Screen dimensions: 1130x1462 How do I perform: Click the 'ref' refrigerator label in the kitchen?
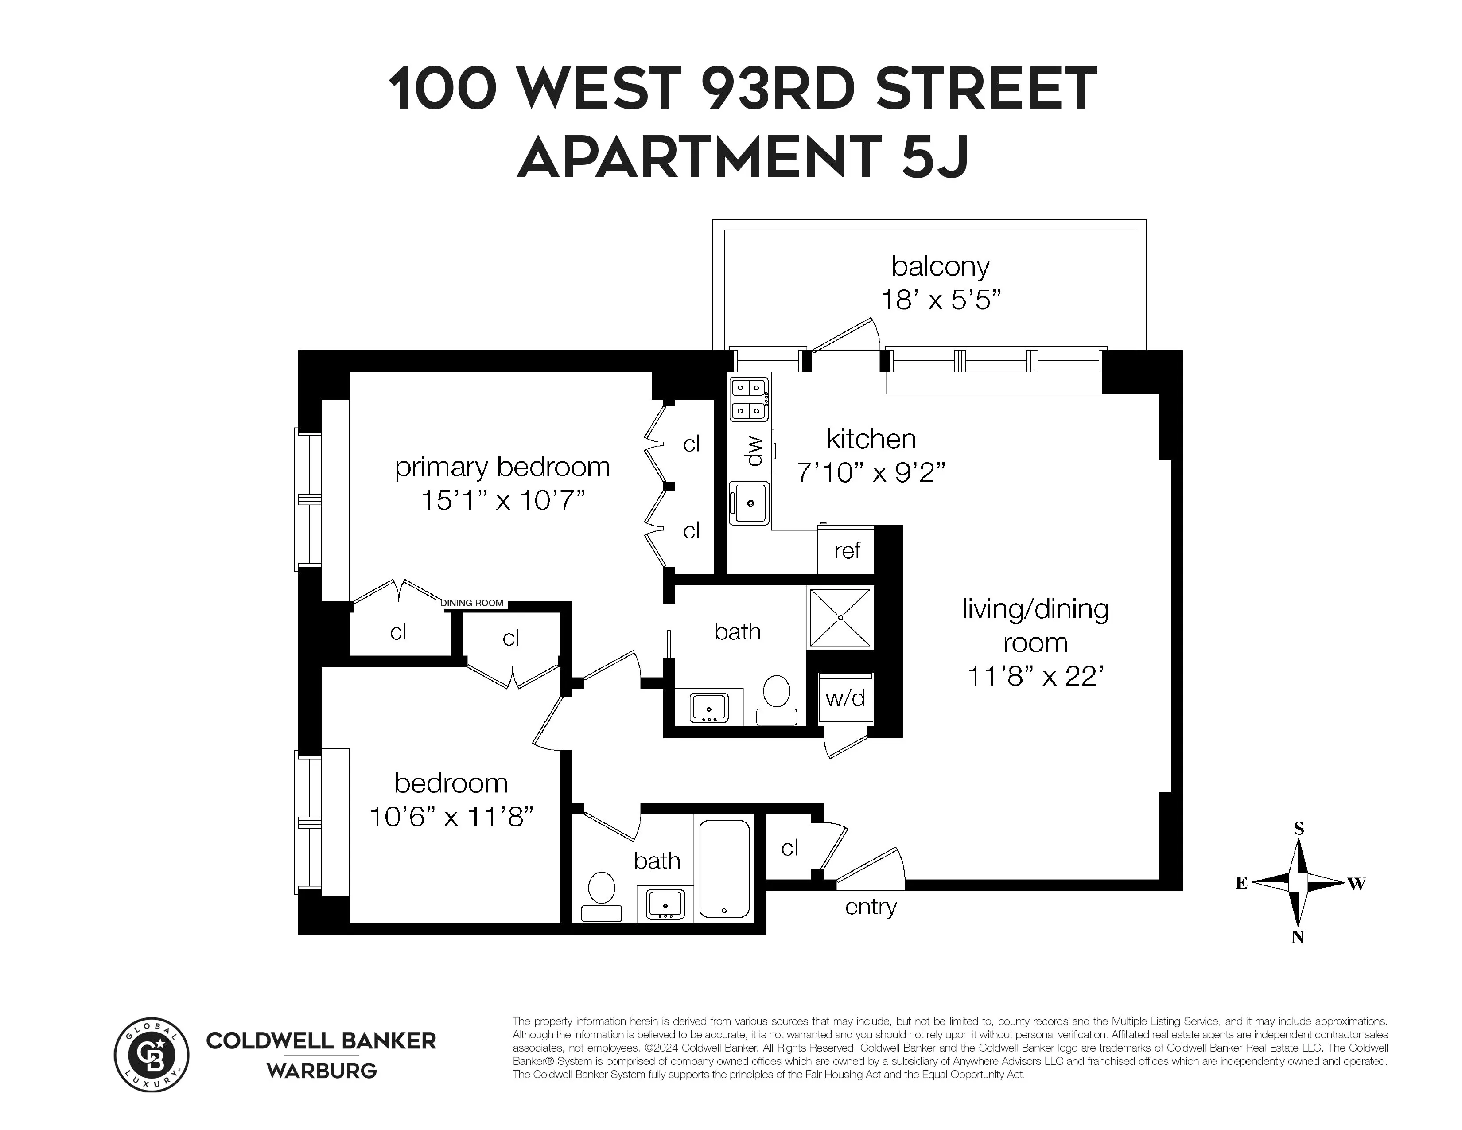point(847,551)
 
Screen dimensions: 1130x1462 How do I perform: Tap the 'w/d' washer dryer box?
point(845,698)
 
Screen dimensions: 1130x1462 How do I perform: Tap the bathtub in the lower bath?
point(724,868)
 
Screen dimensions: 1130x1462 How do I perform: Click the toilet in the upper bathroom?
point(777,698)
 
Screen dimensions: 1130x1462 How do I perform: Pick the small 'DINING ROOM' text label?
point(472,603)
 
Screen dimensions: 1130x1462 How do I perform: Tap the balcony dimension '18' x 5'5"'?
point(941,300)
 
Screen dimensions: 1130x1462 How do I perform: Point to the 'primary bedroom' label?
point(502,467)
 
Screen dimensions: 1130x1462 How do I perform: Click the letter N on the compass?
point(1297,938)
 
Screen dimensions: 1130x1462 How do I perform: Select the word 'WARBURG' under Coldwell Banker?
point(322,1071)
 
